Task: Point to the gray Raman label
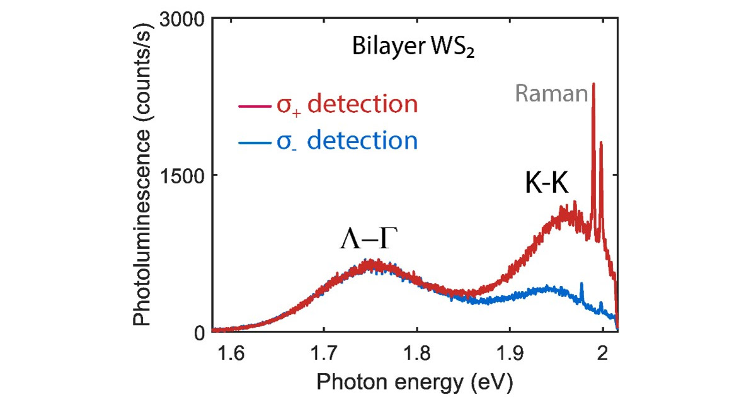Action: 551,94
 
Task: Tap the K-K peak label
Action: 547,183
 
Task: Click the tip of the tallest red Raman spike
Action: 593,84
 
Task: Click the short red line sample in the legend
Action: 250,106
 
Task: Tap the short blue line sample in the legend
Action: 250,142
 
